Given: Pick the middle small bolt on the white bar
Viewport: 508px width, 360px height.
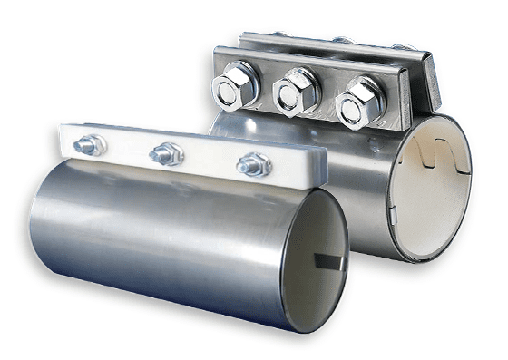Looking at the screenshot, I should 166,154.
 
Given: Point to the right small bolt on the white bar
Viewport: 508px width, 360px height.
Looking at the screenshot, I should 252,164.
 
